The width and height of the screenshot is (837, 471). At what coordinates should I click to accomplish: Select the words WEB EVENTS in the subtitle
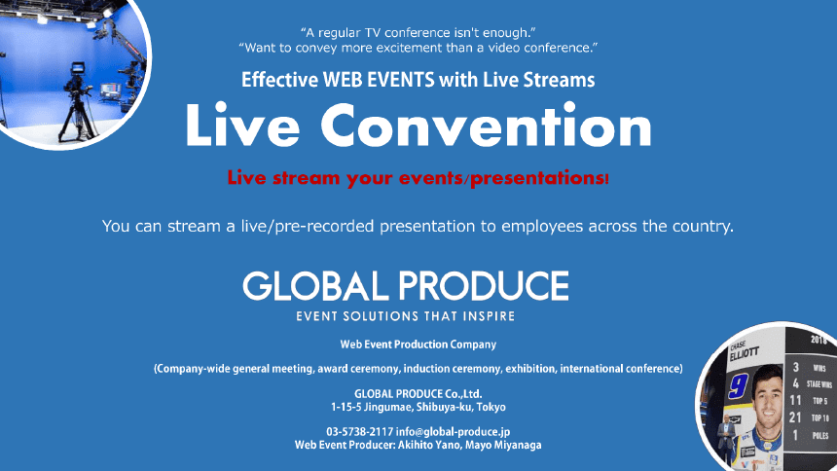(379, 80)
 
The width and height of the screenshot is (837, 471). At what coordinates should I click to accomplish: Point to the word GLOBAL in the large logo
(315, 286)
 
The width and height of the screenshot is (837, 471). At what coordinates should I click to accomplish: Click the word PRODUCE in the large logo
(484, 286)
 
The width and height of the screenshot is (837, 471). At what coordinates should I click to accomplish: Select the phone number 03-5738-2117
(360, 431)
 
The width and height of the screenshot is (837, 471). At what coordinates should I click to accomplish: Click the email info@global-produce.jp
(453, 431)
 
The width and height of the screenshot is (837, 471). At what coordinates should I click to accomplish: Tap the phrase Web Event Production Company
(418, 344)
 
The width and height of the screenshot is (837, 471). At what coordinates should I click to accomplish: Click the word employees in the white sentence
(542, 226)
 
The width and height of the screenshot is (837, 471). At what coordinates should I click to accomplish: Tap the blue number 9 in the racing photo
(739, 384)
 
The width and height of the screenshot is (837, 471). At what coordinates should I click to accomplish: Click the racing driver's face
(768, 396)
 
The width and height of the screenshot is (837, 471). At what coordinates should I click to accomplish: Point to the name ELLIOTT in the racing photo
(745, 352)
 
